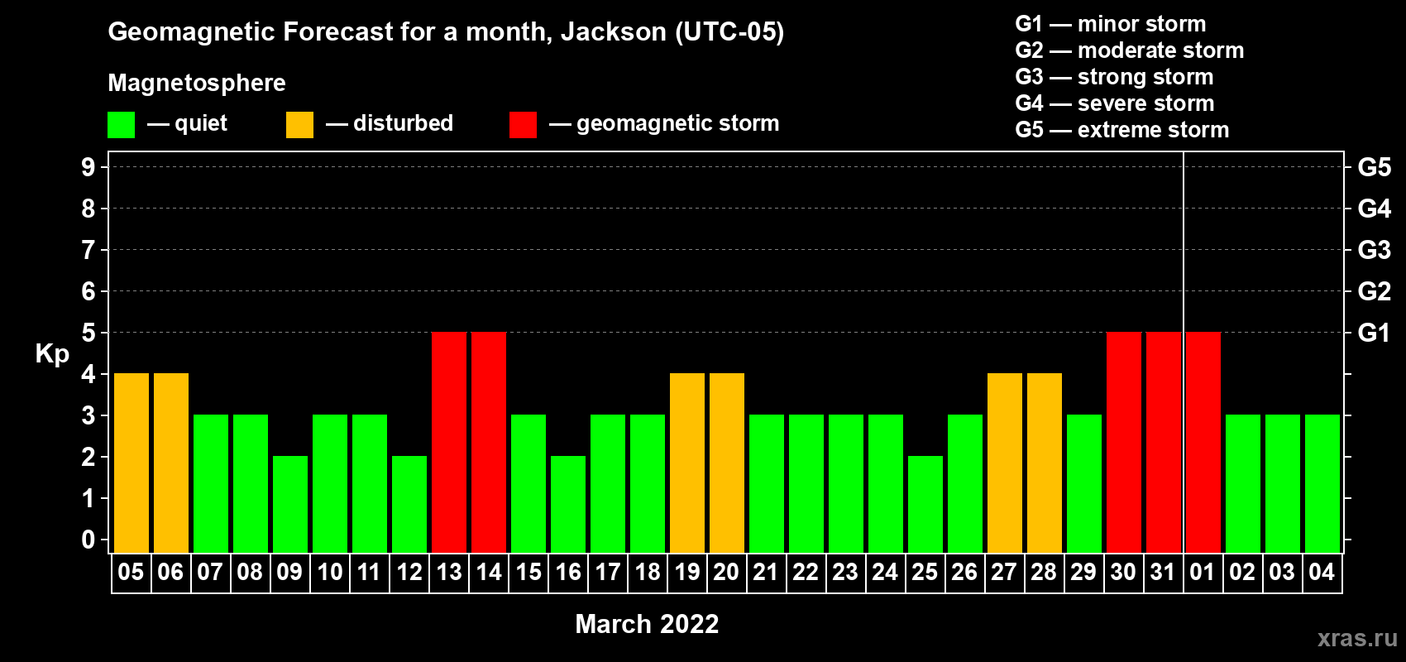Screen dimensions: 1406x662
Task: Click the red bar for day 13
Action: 449,442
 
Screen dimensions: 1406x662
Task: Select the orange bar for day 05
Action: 132,463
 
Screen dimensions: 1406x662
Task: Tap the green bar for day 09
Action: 290,504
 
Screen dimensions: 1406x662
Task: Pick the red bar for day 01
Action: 1203,442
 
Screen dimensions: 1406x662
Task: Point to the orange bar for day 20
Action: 727,463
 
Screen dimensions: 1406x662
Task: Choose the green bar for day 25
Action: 925,504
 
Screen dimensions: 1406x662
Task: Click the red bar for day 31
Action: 1164,442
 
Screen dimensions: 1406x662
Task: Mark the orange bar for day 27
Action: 1005,463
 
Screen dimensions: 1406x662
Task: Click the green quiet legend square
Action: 121,124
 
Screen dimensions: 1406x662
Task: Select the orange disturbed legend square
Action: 299,124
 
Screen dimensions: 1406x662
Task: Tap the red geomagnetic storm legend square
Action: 523,124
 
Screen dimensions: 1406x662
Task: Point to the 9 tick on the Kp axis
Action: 88,167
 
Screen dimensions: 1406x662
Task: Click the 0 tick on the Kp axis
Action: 88,540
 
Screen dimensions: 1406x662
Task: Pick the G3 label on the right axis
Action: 1374,250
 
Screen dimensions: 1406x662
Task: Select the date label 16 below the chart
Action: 568,572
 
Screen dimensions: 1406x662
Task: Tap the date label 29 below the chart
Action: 1084,572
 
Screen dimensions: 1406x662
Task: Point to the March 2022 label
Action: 647,624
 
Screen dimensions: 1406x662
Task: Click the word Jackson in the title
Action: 613,31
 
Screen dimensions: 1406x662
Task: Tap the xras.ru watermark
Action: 1357,638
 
